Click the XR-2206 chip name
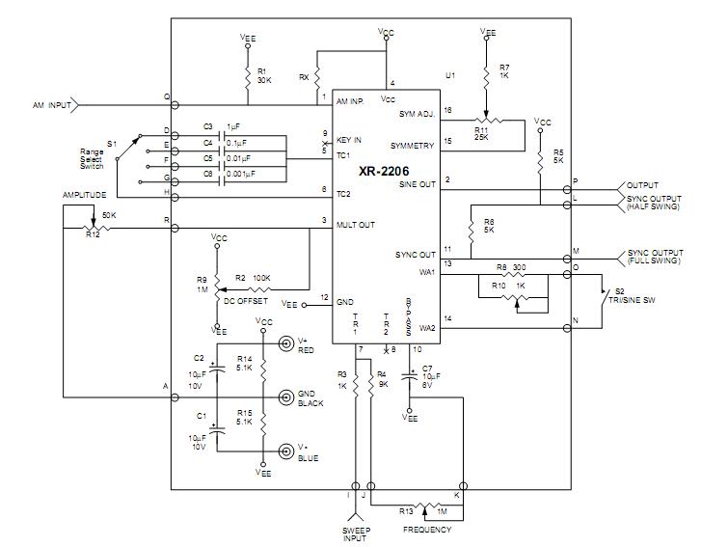pyautogui.click(x=384, y=171)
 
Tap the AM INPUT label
pyautogui.click(x=52, y=105)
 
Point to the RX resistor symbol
pyautogui.click(x=317, y=77)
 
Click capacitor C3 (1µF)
pyautogui.click(x=222, y=135)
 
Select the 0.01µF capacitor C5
pyautogui.click(x=222, y=166)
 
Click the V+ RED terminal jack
pyautogui.click(x=285, y=343)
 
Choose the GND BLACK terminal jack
pyautogui.click(x=285, y=397)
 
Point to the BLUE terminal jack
pyautogui.click(x=285, y=451)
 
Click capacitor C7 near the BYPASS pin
pyautogui.click(x=410, y=375)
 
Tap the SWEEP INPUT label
pyautogui.click(x=356, y=534)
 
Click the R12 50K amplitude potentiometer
pyautogui.click(x=93, y=228)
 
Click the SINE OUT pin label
pyautogui.click(x=418, y=184)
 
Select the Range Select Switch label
pyautogui.click(x=92, y=159)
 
